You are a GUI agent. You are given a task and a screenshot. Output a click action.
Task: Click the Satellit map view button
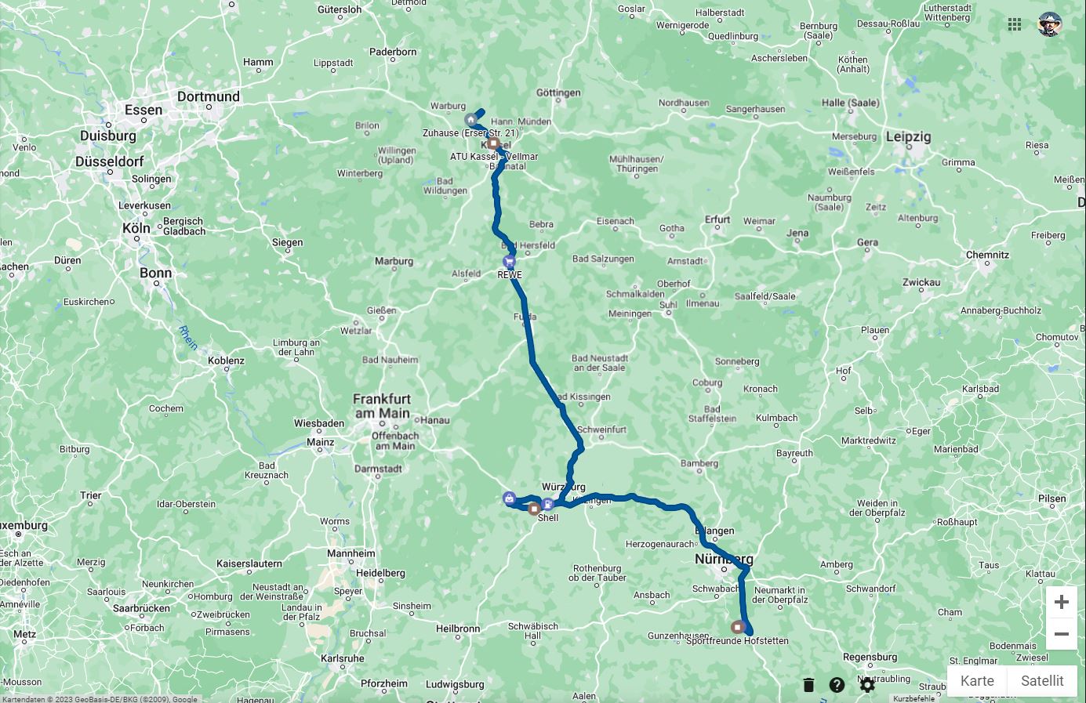pyautogui.click(x=1042, y=680)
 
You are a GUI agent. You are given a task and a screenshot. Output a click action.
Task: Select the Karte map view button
pyautogui.click(x=977, y=680)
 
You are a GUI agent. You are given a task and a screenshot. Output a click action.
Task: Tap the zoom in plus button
pyautogui.click(x=1061, y=602)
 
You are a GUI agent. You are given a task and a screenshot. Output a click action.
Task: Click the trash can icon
pyautogui.click(x=808, y=685)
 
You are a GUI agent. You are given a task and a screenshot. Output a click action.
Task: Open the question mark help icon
pyautogui.click(x=837, y=685)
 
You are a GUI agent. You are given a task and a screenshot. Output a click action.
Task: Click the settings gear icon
pyautogui.click(x=866, y=685)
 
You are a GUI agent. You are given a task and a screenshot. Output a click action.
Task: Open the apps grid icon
pyautogui.click(x=1015, y=24)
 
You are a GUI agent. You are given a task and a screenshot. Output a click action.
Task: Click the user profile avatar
pyautogui.click(x=1050, y=24)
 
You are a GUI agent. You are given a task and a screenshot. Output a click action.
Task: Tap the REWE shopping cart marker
pyautogui.click(x=510, y=262)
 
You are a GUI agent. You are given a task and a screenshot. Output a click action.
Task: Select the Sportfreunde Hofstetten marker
pyautogui.click(x=738, y=627)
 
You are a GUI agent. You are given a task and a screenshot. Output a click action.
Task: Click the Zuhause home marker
pyautogui.click(x=470, y=120)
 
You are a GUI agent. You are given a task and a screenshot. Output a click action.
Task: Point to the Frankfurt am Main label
pyautogui.click(x=382, y=406)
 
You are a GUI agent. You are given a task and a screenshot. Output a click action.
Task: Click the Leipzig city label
pyautogui.click(x=908, y=136)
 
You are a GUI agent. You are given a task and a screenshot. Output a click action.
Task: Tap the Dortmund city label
pyautogui.click(x=208, y=96)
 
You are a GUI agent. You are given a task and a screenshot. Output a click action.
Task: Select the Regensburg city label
pyautogui.click(x=870, y=657)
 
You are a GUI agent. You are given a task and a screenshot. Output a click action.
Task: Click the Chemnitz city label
pyautogui.click(x=987, y=255)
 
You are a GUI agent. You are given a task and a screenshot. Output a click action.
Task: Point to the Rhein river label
pyautogui.click(x=188, y=338)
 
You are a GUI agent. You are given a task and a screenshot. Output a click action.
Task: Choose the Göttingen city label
pyautogui.click(x=558, y=92)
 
